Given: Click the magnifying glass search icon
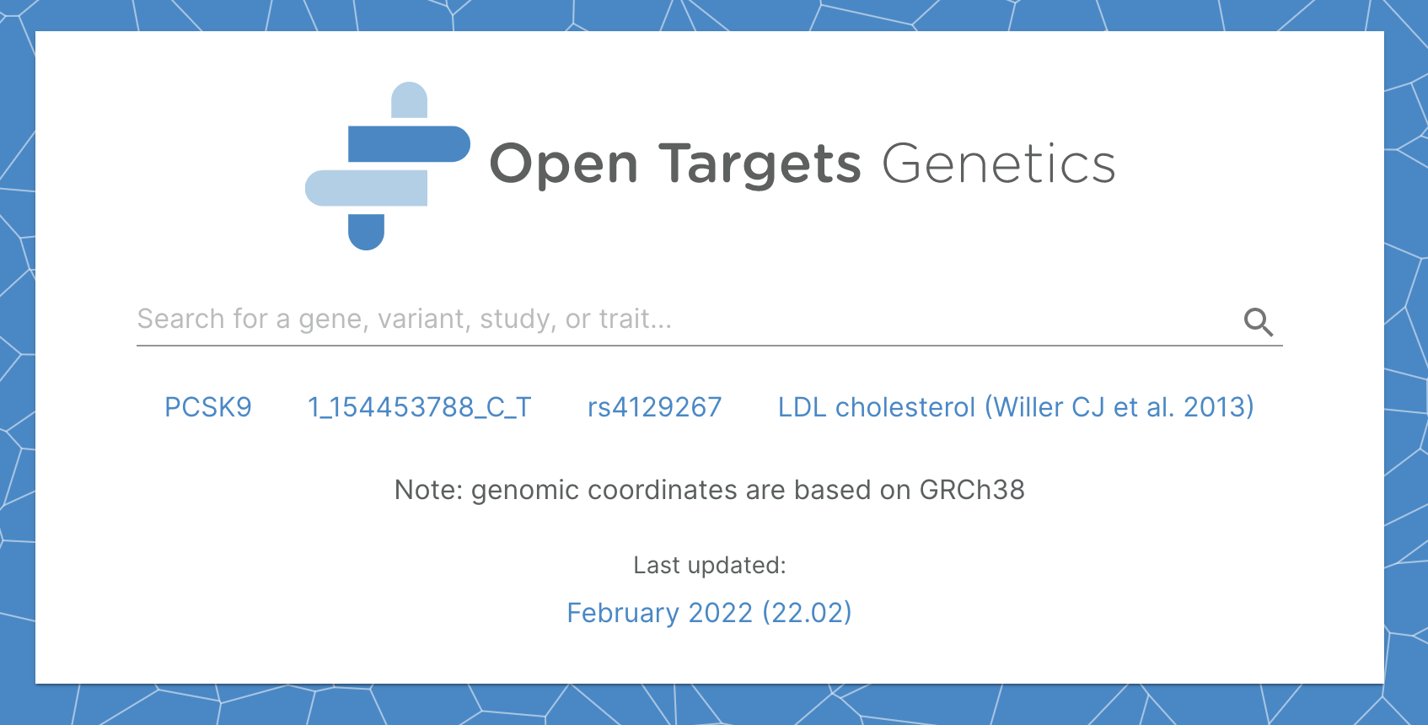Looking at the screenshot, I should [x=1258, y=321].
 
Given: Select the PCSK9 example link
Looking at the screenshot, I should [x=208, y=407].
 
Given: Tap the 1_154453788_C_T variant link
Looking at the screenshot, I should [x=420, y=407].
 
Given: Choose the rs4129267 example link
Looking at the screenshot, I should [x=654, y=407].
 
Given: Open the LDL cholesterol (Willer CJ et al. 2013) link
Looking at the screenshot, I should [x=1015, y=407].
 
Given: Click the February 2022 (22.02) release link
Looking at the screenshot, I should [x=709, y=613].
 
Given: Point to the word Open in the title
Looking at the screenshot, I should [x=563, y=164].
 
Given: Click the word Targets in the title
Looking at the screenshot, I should [x=760, y=164].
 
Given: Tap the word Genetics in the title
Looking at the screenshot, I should [x=999, y=164].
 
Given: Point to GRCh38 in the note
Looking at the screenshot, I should [x=971, y=490].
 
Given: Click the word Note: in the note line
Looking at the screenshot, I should [x=428, y=490].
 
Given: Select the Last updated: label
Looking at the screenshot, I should [x=709, y=565].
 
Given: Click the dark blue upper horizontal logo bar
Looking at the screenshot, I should [x=408, y=144].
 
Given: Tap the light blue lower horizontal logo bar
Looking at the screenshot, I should [x=367, y=188].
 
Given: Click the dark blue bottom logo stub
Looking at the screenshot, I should [x=366, y=231].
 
